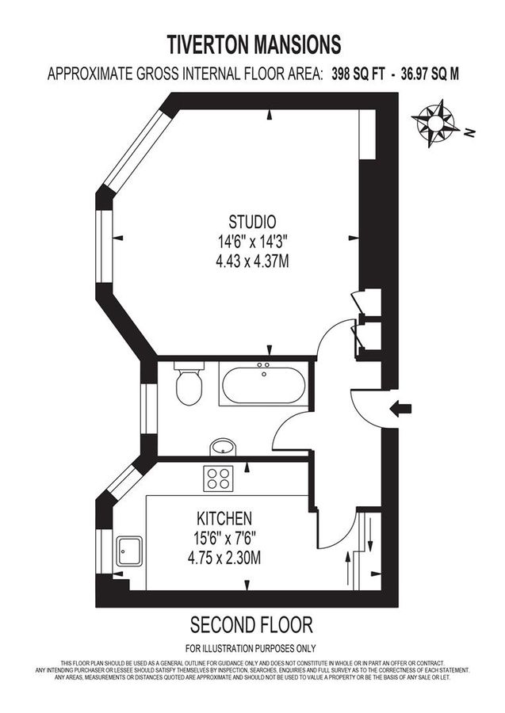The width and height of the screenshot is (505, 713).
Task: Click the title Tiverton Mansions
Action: (x=253, y=43)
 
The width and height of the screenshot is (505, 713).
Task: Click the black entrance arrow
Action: (x=402, y=408)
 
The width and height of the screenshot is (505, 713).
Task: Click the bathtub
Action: (x=262, y=385)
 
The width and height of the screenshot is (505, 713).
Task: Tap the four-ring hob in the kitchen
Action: (x=219, y=478)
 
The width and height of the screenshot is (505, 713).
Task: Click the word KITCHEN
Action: (x=224, y=519)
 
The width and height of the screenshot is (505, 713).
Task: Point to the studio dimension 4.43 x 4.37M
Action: (x=252, y=261)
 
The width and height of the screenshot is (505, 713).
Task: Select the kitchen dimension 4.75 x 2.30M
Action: (x=224, y=558)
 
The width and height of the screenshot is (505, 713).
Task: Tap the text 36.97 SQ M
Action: (x=427, y=74)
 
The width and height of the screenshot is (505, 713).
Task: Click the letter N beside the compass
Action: (x=470, y=132)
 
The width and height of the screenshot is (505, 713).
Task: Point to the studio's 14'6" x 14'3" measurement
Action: (x=252, y=240)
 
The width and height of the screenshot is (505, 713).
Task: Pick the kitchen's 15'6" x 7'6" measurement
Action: (x=224, y=539)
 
